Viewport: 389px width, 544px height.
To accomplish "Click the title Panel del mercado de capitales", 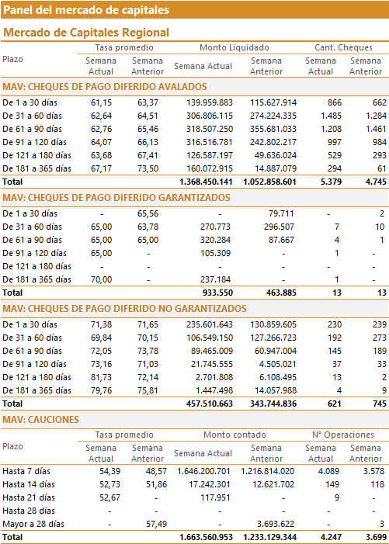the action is click(86, 10).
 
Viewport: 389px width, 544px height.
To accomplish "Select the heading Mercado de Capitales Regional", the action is click(86, 33).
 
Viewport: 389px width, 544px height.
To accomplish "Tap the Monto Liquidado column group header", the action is click(234, 47).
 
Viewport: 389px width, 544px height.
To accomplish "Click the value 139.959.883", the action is click(210, 102).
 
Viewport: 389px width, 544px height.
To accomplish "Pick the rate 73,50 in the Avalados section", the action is click(148, 168).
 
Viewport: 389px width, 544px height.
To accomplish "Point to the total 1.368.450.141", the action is click(206, 182).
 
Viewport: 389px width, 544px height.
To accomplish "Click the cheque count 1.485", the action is click(331, 116).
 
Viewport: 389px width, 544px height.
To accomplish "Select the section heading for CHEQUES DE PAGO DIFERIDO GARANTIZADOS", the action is click(116, 198).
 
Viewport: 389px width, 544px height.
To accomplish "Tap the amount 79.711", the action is click(281, 213).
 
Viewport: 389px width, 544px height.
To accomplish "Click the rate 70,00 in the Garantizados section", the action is click(102, 279).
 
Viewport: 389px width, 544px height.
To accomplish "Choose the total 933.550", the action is click(217, 293).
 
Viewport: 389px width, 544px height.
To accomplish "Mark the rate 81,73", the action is click(102, 377).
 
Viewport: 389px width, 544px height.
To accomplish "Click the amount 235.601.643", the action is click(210, 324).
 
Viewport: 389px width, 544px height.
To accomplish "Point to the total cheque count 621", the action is click(335, 404).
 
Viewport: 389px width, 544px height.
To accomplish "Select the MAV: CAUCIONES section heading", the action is click(40, 420).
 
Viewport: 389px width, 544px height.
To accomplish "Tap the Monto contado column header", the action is click(234, 435).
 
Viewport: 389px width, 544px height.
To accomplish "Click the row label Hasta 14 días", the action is click(29, 485).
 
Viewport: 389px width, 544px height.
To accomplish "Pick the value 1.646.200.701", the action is click(203, 472).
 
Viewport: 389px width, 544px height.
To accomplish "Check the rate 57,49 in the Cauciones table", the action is click(157, 525).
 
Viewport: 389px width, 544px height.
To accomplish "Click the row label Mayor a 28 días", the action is click(33, 525).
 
